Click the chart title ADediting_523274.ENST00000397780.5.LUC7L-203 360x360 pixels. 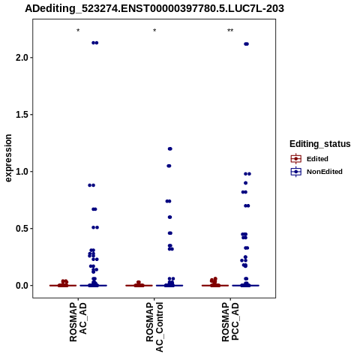(x=154, y=9)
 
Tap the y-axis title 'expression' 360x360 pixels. (x=8, y=158)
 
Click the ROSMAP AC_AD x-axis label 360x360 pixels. (x=78, y=322)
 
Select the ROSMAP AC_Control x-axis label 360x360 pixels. (x=154, y=327)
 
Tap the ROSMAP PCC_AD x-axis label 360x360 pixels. (x=230, y=322)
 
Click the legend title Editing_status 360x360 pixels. (x=320, y=144)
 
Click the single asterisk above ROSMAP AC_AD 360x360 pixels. (x=78, y=31)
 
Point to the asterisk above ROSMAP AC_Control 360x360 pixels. (x=154, y=31)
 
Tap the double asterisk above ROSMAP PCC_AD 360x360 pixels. (x=230, y=31)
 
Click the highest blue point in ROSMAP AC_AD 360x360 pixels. (x=95, y=43)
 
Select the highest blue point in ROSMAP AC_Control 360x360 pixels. (x=170, y=148)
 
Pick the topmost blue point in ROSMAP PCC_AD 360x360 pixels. (x=246, y=44)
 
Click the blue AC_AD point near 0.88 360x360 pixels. (x=91, y=185)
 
